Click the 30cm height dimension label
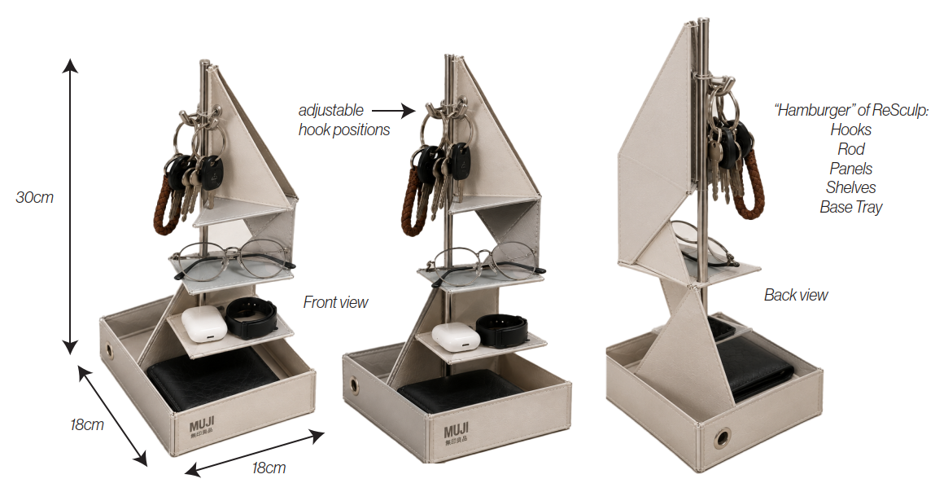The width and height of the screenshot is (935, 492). pos(35,196)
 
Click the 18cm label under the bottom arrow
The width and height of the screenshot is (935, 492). pos(269,468)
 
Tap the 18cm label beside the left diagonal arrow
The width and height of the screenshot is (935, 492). pos(87,424)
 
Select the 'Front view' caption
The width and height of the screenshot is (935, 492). pos(336,302)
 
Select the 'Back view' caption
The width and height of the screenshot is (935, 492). pos(796,295)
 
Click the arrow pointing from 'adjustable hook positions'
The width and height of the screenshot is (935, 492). pos(394,111)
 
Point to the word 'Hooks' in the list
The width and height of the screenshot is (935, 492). pos(851,130)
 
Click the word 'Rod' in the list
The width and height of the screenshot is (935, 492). pos(851,149)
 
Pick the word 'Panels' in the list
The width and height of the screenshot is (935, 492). pos(851,169)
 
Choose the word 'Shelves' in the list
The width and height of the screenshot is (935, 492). pos(851,187)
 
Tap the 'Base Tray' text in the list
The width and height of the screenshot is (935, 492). pos(851,207)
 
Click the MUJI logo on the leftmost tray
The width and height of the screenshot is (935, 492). pos(202,428)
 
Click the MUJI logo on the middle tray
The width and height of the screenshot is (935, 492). pos(457,433)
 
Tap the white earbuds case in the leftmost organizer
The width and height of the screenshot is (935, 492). pos(204,324)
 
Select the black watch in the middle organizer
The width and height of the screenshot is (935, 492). pos(502,330)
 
